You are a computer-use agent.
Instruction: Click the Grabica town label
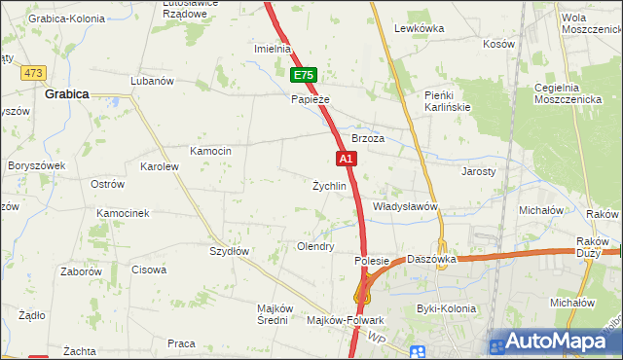(67, 94)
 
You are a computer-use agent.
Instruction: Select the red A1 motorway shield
(345, 157)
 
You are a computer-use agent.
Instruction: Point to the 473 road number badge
(35, 73)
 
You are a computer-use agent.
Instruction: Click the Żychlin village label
(329, 186)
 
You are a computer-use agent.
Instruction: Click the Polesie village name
(372, 261)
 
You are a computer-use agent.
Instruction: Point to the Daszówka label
(432, 260)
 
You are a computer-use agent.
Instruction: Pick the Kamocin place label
(210, 151)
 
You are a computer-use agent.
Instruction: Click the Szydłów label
(231, 251)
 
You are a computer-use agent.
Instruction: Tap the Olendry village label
(315, 247)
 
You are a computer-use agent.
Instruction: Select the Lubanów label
(151, 81)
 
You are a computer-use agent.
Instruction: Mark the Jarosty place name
(478, 171)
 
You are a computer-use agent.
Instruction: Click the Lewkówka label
(419, 28)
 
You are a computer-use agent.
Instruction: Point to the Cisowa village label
(149, 270)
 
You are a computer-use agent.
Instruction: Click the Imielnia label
(273, 49)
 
